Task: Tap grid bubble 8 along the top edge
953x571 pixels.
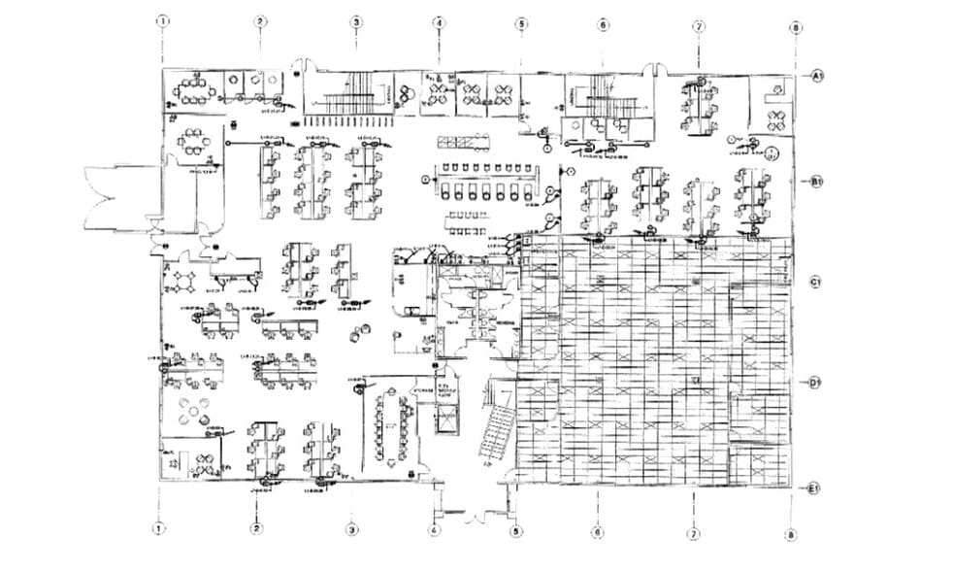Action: tap(795, 29)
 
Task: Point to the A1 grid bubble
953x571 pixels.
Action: tap(817, 75)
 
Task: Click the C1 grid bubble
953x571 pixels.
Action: tap(817, 282)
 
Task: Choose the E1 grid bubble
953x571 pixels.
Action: tap(817, 487)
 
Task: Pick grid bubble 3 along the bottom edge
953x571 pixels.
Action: tap(353, 530)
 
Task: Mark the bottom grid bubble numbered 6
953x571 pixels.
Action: tap(598, 532)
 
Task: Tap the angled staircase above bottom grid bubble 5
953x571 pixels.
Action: tap(497, 432)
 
